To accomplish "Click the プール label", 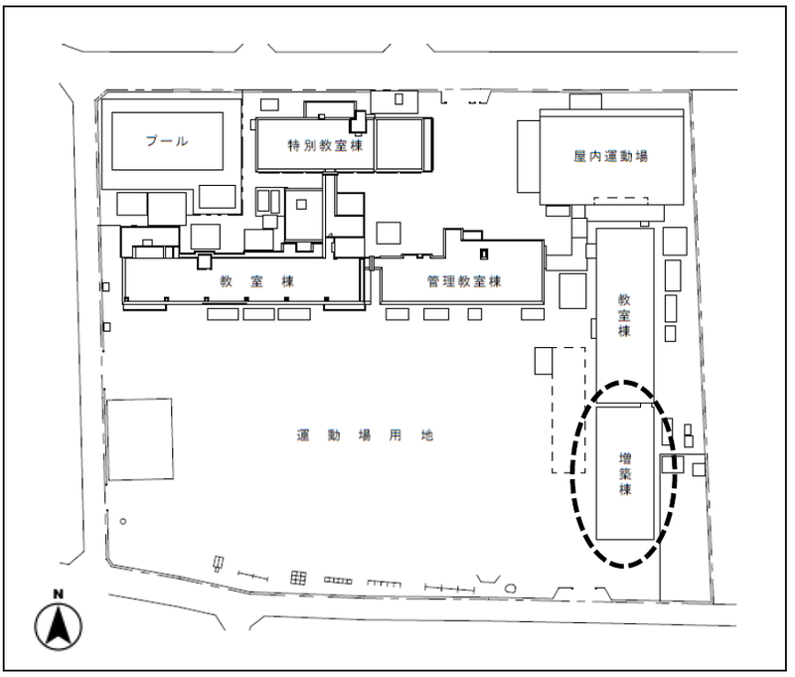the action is point(167,140).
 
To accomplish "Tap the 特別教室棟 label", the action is point(326,145).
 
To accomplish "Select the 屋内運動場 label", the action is point(611,156).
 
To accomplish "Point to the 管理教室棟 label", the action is point(464,281).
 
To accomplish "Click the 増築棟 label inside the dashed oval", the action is point(625,473).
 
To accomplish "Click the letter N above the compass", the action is point(59,593).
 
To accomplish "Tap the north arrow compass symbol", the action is point(59,626).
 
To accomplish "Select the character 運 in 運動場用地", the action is point(303,435).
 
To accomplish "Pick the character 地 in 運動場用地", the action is point(427,435).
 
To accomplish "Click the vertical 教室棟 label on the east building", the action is point(624,315).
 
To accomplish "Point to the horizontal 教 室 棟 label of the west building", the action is point(257,281).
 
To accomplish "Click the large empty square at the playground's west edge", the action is point(140,439).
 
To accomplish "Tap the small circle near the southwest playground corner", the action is point(122,521).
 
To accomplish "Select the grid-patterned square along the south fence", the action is point(299,578).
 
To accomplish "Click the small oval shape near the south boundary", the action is point(511,589).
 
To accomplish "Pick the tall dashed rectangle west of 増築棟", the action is point(568,411).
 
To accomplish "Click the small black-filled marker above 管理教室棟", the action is point(484,254).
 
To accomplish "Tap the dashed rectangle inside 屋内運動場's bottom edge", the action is point(620,201).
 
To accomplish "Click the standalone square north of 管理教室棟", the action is point(389,234).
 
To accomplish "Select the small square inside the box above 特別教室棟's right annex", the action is point(399,98).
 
